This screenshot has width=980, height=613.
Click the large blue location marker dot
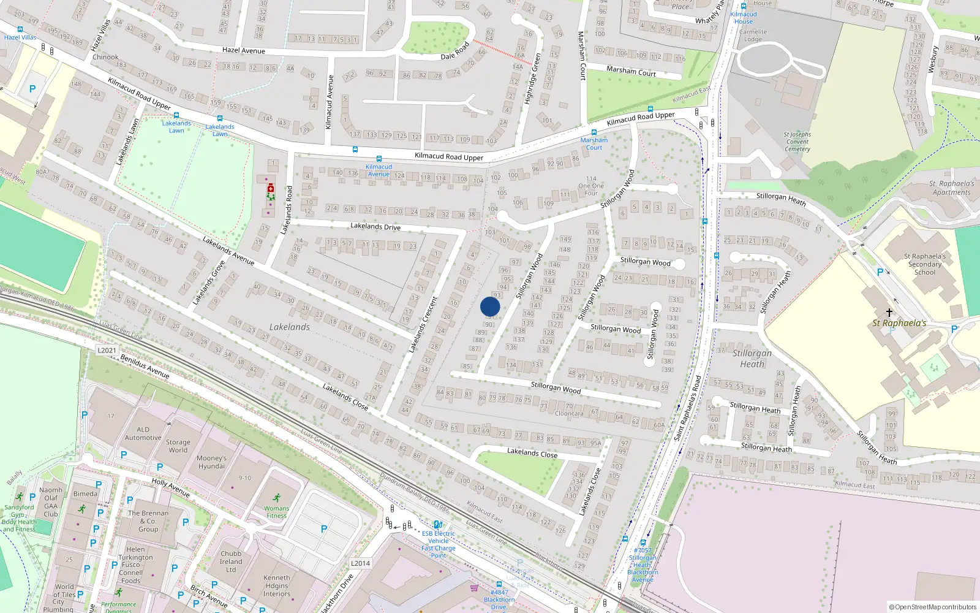(x=490, y=306)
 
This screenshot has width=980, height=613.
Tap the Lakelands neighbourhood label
(x=290, y=327)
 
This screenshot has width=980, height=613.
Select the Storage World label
(x=178, y=446)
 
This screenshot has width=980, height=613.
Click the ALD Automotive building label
(x=143, y=433)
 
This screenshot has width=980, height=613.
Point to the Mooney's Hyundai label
(x=211, y=462)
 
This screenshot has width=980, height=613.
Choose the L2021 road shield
(x=107, y=350)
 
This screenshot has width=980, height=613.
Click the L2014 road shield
(x=360, y=563)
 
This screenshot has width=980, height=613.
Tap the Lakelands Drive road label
(x=375, y=227)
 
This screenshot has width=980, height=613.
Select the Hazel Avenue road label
(x=244, y=51)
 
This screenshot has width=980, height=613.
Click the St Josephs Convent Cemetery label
(x=797, y=142)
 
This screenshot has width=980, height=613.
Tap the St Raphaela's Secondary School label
(x=925, y=264)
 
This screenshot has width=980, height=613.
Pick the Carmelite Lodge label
(x=753, y=36)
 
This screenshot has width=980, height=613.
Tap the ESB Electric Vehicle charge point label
(x=439, y=544)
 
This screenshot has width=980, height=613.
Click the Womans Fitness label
(x=276, y=512)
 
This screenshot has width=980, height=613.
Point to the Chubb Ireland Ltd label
(x=231, y=562)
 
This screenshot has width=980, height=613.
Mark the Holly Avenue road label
(x=170, y=487)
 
